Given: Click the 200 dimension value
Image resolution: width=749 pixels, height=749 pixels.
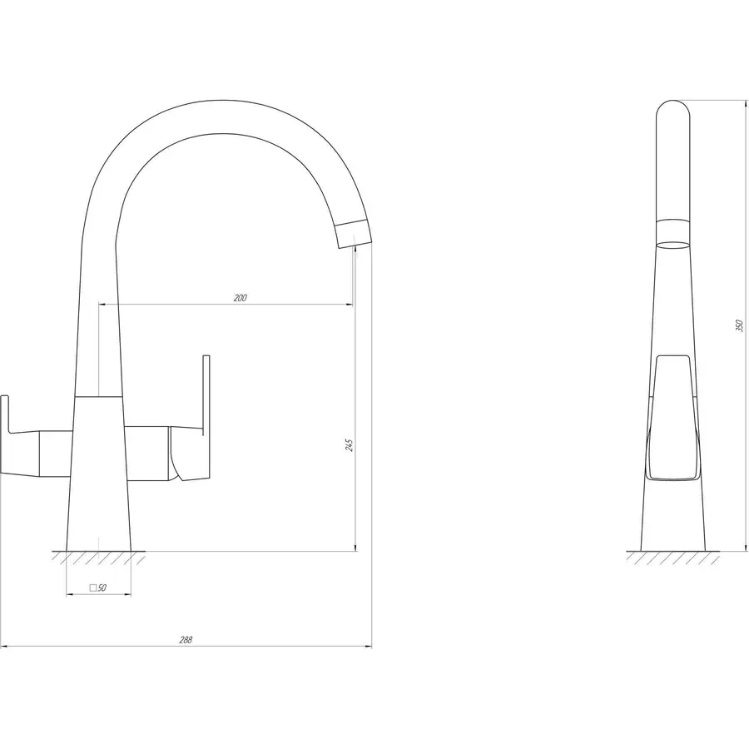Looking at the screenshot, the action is pos(241,298).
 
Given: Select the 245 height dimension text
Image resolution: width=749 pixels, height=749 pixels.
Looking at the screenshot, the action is pos(350,445).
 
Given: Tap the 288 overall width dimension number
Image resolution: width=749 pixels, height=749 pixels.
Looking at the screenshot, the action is pos(186,640).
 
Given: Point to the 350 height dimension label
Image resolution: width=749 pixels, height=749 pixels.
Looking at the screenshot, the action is pos(740,325).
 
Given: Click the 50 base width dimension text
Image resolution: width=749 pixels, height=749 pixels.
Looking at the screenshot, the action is pos(102,588).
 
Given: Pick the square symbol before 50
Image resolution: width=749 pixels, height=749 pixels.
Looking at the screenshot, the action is pos(93,588).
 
